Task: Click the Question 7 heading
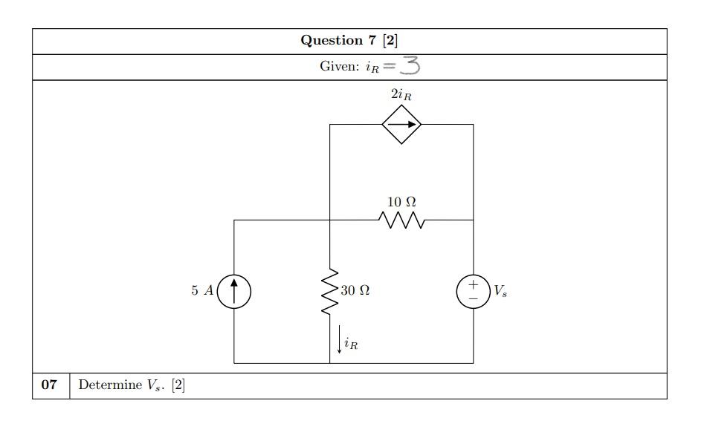tap(349, 41)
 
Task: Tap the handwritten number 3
tap(410, 66)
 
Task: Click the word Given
tap(339, 67)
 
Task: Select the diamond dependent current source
tap(401, 125)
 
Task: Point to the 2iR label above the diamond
tap(401, 94)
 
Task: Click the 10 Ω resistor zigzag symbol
tap(401, 220)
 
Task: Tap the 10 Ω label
tap(401, 202)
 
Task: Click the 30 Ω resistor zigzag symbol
tap(329, 291)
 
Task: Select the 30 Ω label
tap(355, 291)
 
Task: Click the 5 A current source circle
tap(234, 291)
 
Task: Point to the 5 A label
tap(201, 291)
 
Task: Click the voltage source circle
tap(473, 291)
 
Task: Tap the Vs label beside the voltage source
tap(500, 292)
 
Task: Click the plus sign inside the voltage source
tap(473, 284)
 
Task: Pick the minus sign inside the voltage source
tap(473, 298)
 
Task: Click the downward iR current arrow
tap(340, 339)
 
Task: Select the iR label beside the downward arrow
tap(351, 344)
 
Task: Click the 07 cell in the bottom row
tap(50, 385)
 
